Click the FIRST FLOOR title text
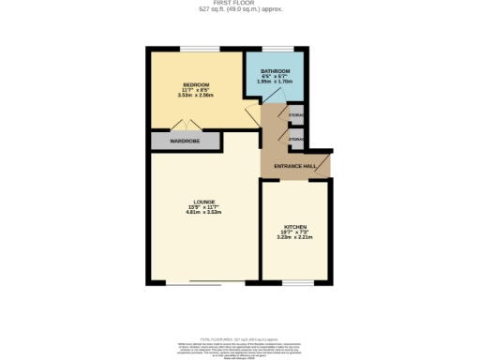[240, 4]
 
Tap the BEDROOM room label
[195, 84]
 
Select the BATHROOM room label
[275, 70]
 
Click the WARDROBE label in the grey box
[184, 142]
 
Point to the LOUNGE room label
[205, 202]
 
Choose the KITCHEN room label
[295, 228]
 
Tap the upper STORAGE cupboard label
[296, 115]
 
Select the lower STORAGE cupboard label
[296, 140]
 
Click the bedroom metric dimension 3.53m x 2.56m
[195, 96]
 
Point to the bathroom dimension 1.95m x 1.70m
[275, 82]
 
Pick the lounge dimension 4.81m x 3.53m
[205, 213]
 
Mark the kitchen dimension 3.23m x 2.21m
[295, 238]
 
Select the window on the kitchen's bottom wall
[297, 283]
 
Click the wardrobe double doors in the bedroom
[187, 127]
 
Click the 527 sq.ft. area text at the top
[240, 9]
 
